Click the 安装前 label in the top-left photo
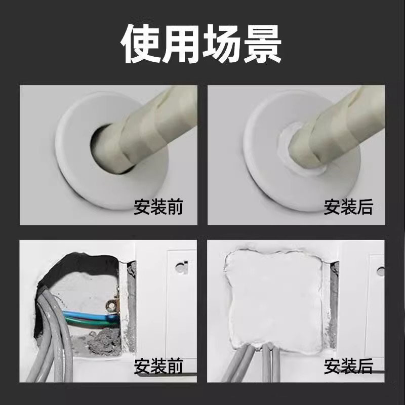pos(158,207)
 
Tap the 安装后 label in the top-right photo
pos(348,207)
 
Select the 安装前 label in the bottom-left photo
pos(158,365)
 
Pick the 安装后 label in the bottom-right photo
pos(348,365)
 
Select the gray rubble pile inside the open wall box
pos(101,344)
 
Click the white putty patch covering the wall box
pos(273,299)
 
